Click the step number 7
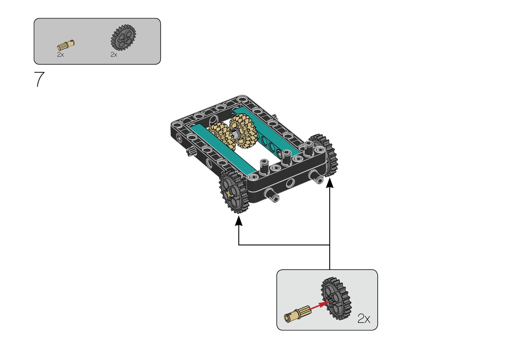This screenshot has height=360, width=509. [39, 79]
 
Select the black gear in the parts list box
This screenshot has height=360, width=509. [123, 37]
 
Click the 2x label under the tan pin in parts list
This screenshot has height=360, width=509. [60, 55]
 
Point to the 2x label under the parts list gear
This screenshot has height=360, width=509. [114, 55]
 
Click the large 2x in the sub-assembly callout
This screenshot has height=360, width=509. [364, 319]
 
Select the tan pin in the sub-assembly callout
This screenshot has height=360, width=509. [296, 313]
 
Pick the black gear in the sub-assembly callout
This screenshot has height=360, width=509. [336, 298]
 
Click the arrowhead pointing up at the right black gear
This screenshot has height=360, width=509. [330, 183]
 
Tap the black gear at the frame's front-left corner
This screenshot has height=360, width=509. [234, 192]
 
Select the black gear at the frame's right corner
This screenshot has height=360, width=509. [328, 154]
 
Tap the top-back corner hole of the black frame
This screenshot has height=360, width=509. [242, 99]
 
